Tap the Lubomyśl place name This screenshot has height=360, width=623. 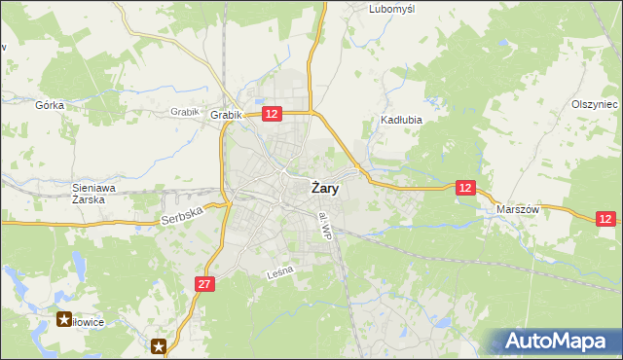click(x=392, y=9)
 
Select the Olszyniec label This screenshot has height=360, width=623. click(x=595, y=104)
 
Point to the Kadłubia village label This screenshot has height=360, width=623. click(x=399, y=122)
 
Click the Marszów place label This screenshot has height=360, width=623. click(x=517, y=209)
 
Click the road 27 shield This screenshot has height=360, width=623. click(x=203, y=283)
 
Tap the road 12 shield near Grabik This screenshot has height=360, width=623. click(x=272, y=114)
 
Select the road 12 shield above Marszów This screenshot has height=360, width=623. click(x=465, y=187)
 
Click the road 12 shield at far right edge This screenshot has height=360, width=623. click(x=605, y=220)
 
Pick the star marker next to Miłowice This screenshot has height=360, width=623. click(x=65, y=319)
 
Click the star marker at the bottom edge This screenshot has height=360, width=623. click(x=159, y=344)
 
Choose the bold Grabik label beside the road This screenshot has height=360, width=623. click(x=225, y=115)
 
